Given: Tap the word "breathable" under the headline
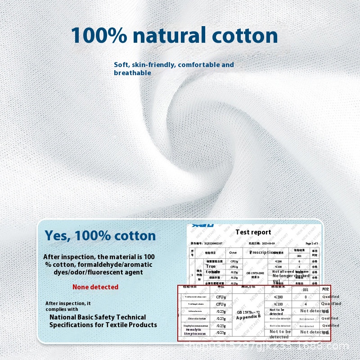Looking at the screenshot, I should [132, 73].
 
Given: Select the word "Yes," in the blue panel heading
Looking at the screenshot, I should [58, 235].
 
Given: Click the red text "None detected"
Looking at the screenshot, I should [95, 287].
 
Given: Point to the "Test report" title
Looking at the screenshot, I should [253, 232].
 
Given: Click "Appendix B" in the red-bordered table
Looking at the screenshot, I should [249, 317].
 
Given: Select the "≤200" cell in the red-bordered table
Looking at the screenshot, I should [279, 297].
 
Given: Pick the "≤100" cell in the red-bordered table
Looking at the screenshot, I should [279, 304].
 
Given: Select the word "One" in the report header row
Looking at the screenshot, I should [233, 253].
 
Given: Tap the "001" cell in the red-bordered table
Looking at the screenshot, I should [306, 290].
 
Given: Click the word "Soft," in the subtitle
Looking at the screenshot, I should [122, 65].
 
